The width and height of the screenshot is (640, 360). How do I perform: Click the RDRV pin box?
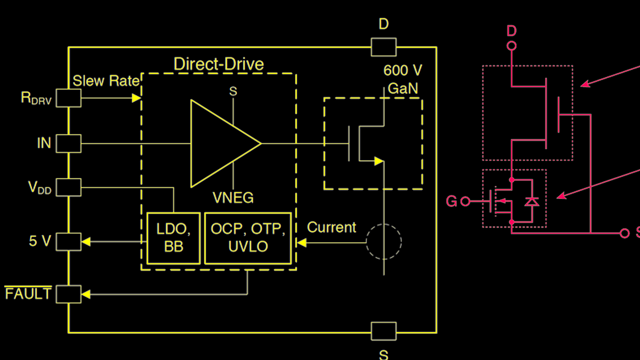pyautogui.click(x=68, y=98)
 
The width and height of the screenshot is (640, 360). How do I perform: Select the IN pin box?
pyautogui.click(x=68, y=143)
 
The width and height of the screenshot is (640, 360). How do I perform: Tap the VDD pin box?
pyautogui.click(x=68, y=187)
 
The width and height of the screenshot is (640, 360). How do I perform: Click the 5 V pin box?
pyautogui.click(x=68, y=242)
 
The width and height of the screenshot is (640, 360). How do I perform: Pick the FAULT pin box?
pyautogui.click(x=68, y=294)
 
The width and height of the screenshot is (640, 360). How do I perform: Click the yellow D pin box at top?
pyautogui.click(x=383, y=47)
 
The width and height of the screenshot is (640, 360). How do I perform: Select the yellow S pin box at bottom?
pyautogui.click(x=383, y=331)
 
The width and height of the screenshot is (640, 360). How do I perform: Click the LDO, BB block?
pyautogui.click(x=173, y=238)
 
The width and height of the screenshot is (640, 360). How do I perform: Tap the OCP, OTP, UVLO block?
pyautogui.click(x=248, y=238)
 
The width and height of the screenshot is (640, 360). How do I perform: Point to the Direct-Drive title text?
pyautogui.click(x=218, y=64)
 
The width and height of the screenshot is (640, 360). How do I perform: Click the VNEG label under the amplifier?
pyautogui.click(x=233, y=197)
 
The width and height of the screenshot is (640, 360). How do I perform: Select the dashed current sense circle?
pyautogui.click(x=384, y=242)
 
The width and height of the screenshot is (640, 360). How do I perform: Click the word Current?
pyautogui.click(x=331, y=227)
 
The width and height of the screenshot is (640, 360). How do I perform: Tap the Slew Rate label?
pyautogui.click(x=106, y=81)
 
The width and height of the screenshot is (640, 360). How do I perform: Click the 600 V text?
pyautogui.click(x=402, y=70)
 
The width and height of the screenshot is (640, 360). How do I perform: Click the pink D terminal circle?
pyautogui.click(x=512, y=46)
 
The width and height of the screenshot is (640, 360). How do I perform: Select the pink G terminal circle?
pyautogui.click(x=465, y=202)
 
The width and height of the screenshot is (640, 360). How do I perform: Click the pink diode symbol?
pyautogui.click(x=532, y=202)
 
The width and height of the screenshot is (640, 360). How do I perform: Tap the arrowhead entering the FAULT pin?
pyautogui.click(x=86, y=294)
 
